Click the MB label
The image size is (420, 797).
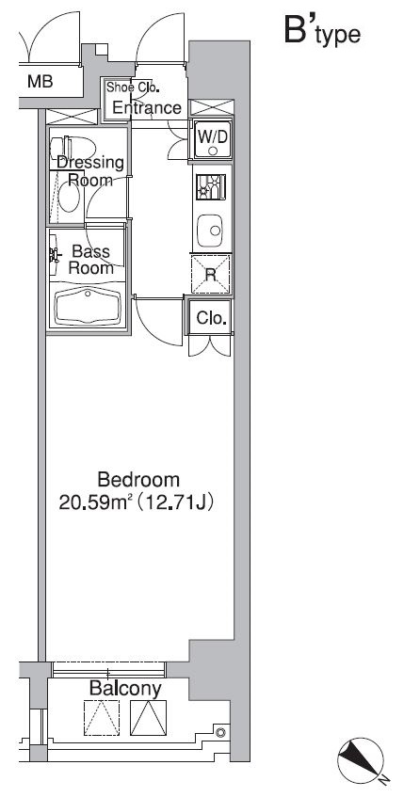[40, 81]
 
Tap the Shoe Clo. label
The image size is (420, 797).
[133, 88]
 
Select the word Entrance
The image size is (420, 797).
[147, 108]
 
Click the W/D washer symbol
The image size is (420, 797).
[213, 138]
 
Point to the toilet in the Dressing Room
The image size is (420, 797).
[73, 148]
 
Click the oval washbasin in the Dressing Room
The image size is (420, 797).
[69, 198]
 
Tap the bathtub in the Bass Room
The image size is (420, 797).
[88, 307]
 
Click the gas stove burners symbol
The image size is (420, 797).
[210, 187]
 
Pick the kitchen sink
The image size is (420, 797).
[211, 231]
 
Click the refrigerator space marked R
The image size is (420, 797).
[211, 275]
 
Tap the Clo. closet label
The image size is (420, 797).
[211, 319]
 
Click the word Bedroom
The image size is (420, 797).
[138, 479]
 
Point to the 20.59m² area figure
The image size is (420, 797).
[96, 502]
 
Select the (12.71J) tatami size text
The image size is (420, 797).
[174, 502]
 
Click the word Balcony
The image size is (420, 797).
[125, 688]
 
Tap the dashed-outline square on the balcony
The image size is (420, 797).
[102, 718]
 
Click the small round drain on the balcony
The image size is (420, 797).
[220, 732]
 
